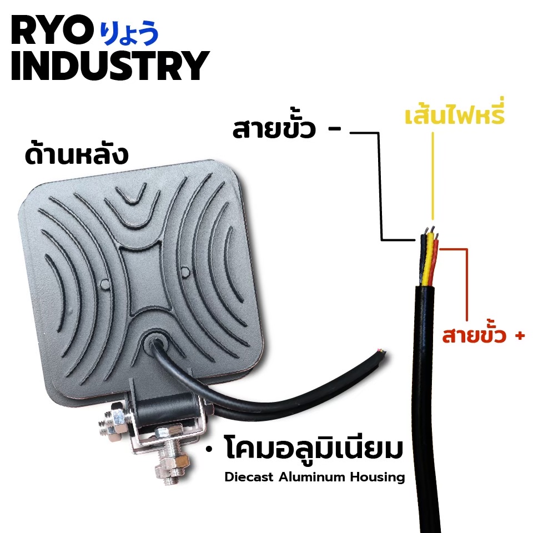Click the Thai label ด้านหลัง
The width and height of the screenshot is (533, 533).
[77, 155]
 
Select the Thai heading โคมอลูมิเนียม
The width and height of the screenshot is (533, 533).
[313, 447]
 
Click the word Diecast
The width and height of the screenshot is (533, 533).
[249, 477]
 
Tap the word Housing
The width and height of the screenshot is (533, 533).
[378, 477]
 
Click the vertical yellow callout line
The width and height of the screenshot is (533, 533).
[433, 176]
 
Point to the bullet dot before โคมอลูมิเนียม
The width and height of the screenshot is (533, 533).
[209, 449]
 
